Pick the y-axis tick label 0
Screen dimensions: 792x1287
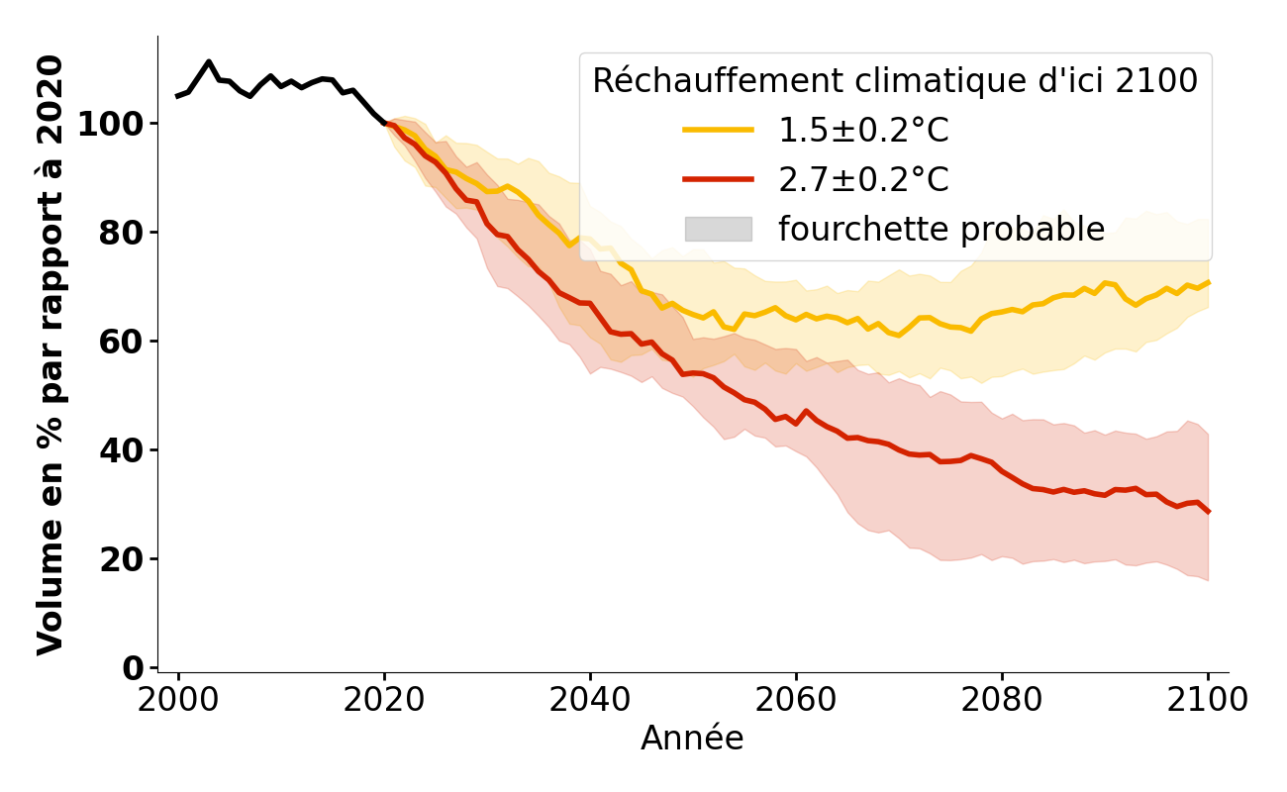pyautogui.click(x=135, y=669)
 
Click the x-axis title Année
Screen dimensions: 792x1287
pyautogui.click(x=692, y=739)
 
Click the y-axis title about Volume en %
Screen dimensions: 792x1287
pyautogui.click(x=50, y=354)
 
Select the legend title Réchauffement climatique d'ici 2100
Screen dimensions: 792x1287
pyautogui.click(x=895, y=81)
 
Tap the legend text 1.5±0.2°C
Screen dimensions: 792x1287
pyautogui.click(x=863, y=131)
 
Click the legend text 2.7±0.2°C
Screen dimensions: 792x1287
pyautogui.click(x=863, y=180)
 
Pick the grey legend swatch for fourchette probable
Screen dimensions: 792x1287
pyautogui.click(x=718, y=230)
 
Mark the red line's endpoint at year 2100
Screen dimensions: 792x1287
pyautogui.click(x=1208, y=512)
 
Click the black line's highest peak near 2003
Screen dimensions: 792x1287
pyautogui.click(x=209, y=61)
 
